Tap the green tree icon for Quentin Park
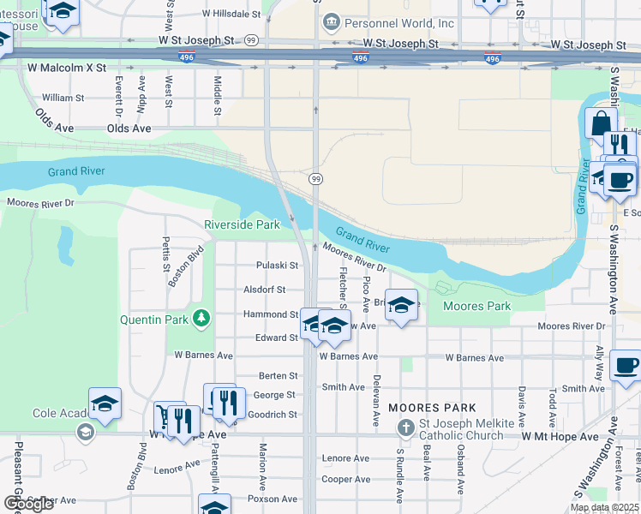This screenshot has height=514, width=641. [201, 319]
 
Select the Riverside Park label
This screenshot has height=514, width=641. [242, 225]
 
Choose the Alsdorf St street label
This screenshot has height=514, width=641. [265, 290]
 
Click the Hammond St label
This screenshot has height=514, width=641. [269, 314]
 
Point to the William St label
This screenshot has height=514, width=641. [63, 99]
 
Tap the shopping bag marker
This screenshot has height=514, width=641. [601, 122]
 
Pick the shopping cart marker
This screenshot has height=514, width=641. [163, 418]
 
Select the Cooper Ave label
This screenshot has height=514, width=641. [345, 480]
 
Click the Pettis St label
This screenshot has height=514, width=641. [167, 254]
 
